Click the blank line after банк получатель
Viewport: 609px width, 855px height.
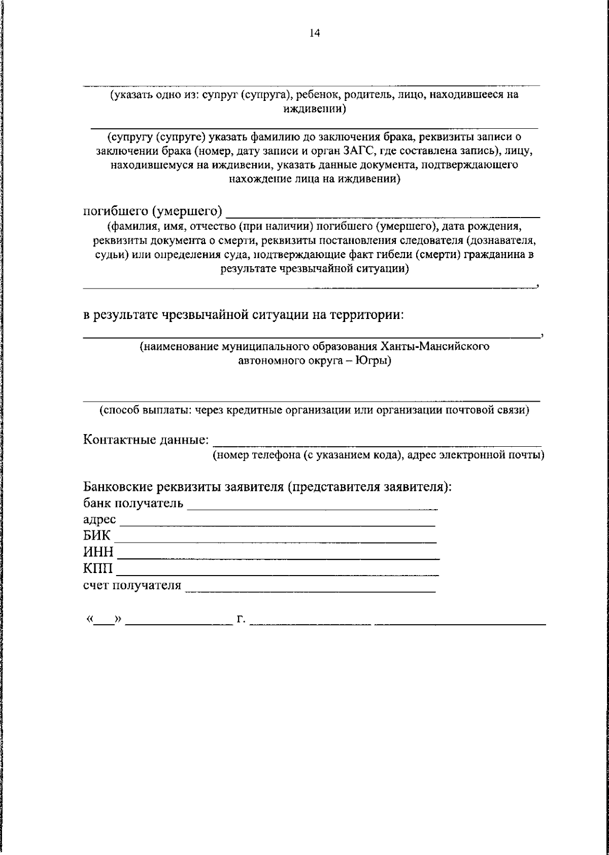312,507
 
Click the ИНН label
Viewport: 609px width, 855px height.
98,553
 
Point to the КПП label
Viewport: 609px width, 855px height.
98,569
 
